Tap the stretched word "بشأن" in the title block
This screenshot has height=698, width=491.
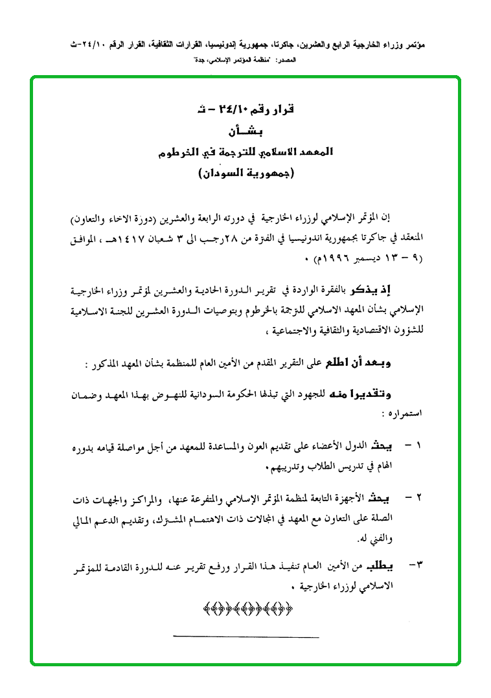click(x=244, y=131)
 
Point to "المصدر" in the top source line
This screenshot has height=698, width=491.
click(x=284, y=60)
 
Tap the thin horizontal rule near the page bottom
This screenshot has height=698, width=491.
click(x=246, y=638)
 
